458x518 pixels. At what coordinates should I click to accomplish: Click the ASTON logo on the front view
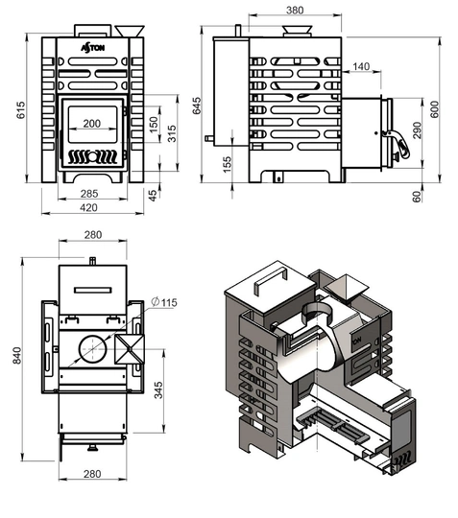(93, 48)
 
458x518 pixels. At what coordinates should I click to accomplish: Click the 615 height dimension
(20, 110)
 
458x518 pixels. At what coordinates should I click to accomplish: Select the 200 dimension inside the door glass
(91, 123)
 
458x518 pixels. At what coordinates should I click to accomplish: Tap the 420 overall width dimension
(88, 207)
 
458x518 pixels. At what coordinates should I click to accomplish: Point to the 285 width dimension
(89, 193)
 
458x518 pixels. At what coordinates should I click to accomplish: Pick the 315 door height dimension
(172, 133)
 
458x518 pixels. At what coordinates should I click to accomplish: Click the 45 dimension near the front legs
(153, 196)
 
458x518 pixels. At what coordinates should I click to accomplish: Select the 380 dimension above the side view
(295, 11)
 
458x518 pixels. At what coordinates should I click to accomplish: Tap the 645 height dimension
(197, 106)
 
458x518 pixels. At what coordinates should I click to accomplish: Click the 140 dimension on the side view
(361, 66)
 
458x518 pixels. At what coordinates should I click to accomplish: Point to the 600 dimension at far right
(435, 109)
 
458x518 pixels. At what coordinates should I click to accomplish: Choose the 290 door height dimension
(418, 130)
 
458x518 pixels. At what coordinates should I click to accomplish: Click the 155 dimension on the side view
(228, 164)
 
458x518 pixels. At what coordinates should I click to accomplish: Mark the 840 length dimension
(17, 356)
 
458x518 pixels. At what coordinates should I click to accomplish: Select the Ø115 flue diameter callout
(164, 302)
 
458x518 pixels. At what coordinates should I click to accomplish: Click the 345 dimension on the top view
(158, 390)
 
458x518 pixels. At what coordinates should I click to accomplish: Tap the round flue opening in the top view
(92, 349)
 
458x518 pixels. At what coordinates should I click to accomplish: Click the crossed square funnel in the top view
(130, 349)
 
